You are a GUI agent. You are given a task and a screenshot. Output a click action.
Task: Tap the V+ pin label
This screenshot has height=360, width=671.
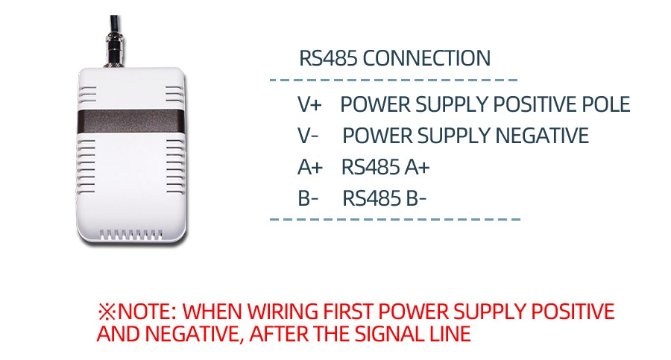tap(309, 104)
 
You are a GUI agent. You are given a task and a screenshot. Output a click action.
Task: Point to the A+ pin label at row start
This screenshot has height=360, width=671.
tap(309, 168)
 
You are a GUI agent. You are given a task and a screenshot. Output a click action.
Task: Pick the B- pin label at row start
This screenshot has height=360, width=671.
tap(308, 199)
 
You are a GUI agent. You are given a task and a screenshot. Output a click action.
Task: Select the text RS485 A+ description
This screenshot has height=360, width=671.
tap(385, 168)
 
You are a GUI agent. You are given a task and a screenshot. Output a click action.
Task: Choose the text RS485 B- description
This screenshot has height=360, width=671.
tap(385, 199)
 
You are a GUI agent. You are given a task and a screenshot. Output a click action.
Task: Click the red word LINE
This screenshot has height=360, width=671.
tap(451, 334)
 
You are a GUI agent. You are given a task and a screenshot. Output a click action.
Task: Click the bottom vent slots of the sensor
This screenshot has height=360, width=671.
tap(131, 236)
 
